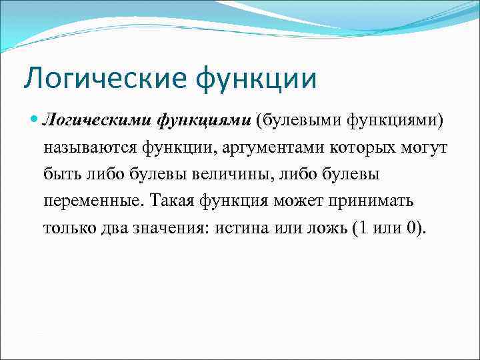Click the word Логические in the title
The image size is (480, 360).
click(102, 78)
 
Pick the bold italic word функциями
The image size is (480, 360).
click(204, 121)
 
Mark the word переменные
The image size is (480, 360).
click(93, 201)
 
